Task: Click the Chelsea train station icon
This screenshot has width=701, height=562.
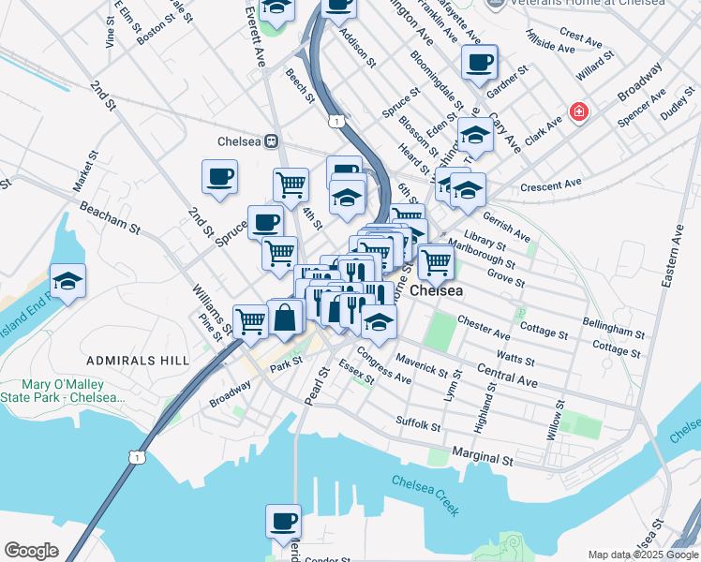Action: tap(271, 141)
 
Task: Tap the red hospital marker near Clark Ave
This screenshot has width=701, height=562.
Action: tap(579, 112)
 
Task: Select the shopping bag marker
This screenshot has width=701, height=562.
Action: tap(285, 318)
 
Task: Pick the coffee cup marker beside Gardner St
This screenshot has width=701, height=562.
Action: tap(479, 64)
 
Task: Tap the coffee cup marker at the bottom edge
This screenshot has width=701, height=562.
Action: tap(282, 523)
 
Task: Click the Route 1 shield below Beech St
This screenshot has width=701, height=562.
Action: tap(334, 122)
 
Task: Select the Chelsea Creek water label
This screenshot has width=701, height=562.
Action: tap(425, 494)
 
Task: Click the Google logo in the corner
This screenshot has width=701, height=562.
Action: tap(32, 551)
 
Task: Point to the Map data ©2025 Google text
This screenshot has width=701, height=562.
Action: tap(641, 555)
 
